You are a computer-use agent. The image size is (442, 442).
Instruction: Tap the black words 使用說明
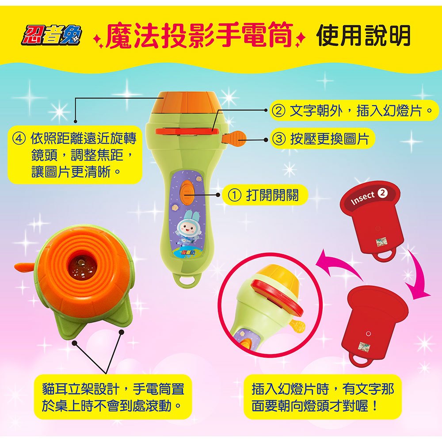(x=363, y=35)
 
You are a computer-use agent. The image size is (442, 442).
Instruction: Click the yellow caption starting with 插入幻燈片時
(x=322, y=396)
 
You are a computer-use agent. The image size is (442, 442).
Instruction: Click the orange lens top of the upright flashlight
(x=187, y=103)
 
